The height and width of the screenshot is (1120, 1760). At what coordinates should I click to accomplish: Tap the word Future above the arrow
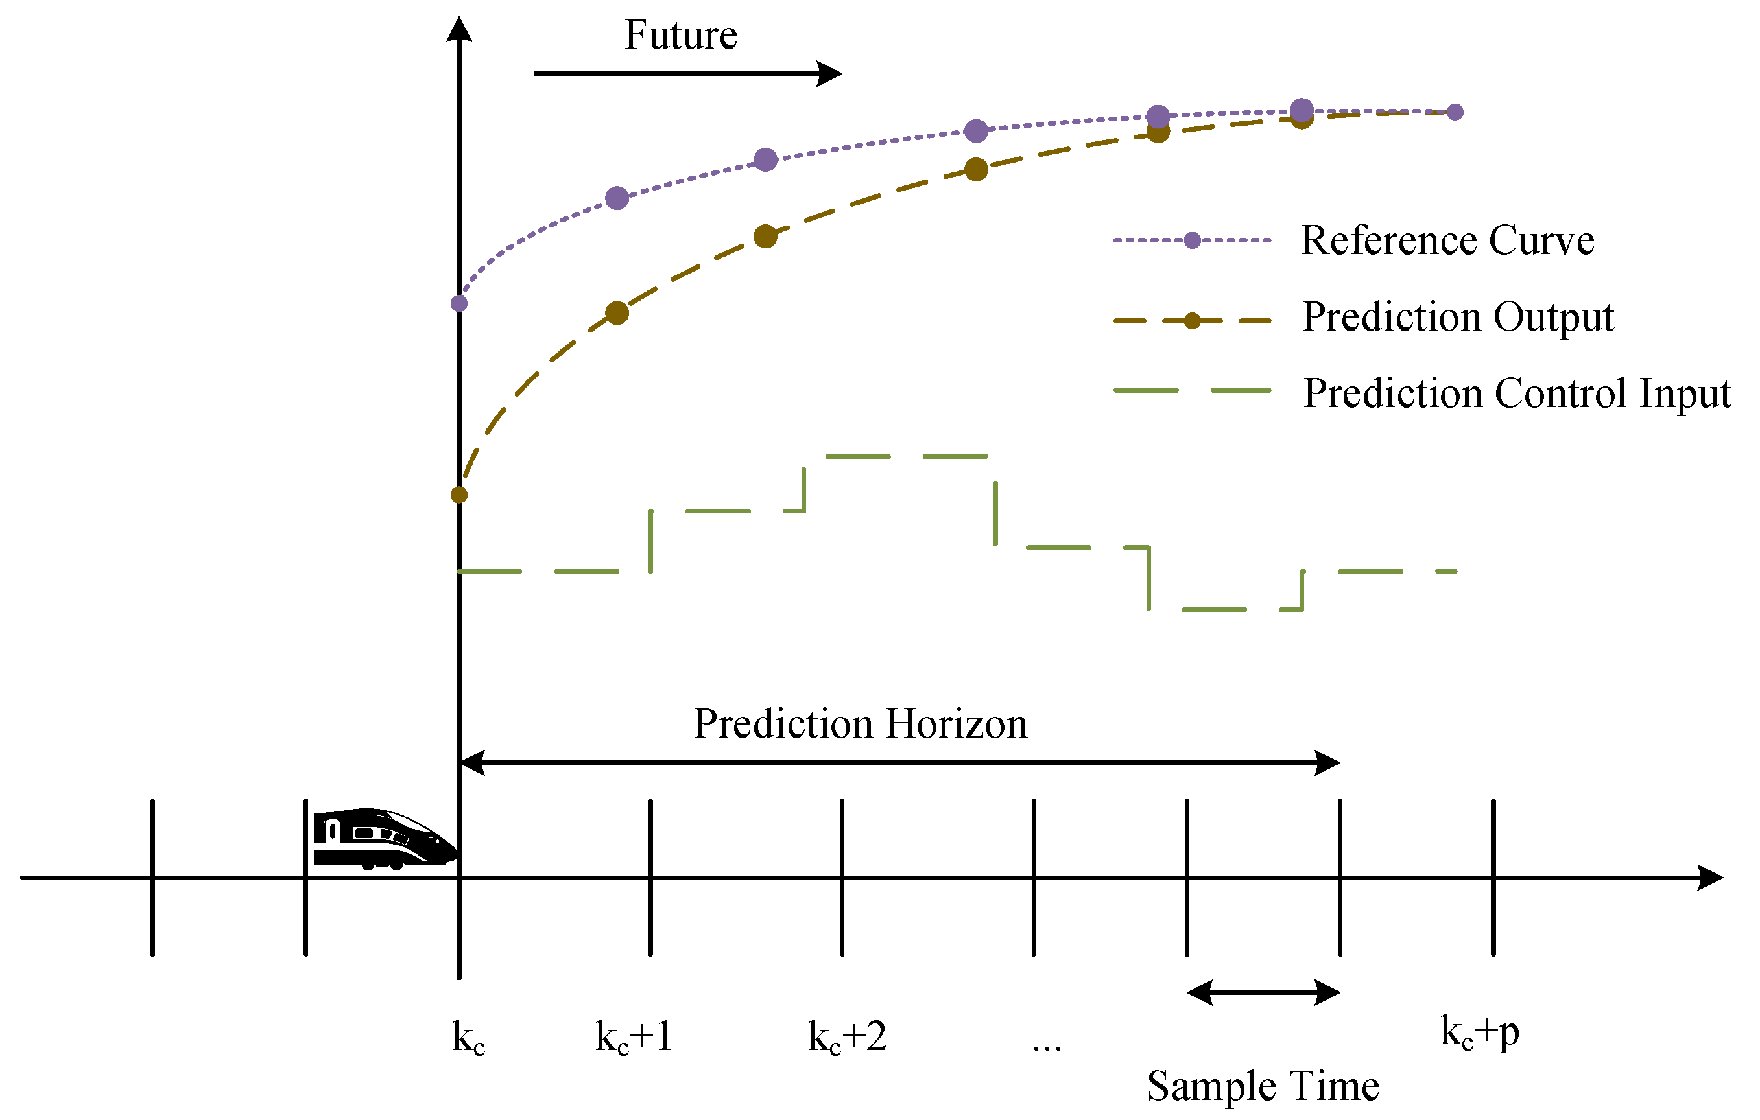click(680, 35)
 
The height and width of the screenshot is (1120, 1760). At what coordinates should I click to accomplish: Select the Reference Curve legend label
click(1447, 240)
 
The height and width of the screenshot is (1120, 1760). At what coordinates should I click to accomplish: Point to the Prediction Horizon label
click(861, 724)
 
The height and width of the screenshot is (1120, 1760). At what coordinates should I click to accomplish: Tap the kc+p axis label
click(1479, 1032)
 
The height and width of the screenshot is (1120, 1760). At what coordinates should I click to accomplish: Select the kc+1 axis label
click(634, 1036)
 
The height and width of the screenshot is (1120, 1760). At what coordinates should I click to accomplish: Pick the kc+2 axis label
click(847, 1036)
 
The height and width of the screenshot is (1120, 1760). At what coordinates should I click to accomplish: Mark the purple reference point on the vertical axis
click(459, 303)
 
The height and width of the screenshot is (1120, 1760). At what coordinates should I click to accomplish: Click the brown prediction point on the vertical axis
click(459, 495)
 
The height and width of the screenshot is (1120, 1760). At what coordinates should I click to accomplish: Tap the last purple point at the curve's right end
click(1455, 111)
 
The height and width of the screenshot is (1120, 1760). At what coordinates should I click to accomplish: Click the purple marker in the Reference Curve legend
click(1192, 240)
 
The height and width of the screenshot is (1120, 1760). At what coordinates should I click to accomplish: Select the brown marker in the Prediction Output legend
click(1192, 321)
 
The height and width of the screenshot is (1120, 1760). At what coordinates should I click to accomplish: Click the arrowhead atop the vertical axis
click(459, 29)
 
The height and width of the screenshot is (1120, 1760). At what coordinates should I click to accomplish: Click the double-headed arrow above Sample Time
click(1263, 993)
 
